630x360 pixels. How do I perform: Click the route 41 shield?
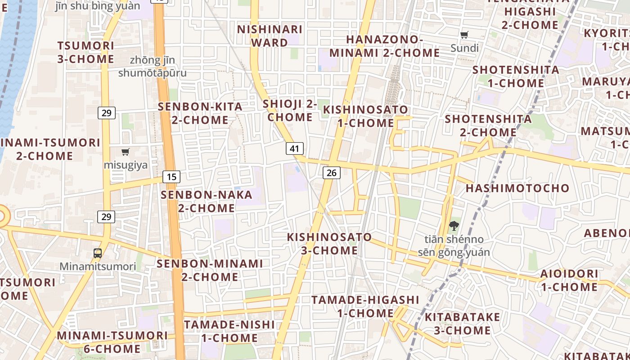coord(294,148)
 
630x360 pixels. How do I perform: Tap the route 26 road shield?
coord(331,172)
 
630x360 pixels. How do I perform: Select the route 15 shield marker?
coord(171,177)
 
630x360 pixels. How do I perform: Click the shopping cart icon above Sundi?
coord(464,35)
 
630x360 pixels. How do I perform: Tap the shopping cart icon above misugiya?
coord(126,152)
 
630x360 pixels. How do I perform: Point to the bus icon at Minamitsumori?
coord(98,253)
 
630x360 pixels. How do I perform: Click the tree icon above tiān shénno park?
coord(454,226)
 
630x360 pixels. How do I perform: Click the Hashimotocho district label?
coord(517,188)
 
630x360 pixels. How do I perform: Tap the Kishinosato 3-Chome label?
coord(330,243)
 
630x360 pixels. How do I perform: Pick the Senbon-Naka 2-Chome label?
coord(207,202)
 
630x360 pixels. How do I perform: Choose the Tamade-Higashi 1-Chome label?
coord(365,306)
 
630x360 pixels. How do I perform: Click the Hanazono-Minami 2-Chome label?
coord(384,46)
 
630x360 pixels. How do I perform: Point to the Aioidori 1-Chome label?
coord(569,280)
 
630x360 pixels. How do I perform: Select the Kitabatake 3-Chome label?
coord(462,324)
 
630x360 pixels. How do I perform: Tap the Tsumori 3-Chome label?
coord(85,52)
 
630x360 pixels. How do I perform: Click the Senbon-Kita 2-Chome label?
coord(200,113)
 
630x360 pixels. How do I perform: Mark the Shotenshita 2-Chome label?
coord(488,126)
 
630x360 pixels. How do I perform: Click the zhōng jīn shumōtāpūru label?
coord(152,66)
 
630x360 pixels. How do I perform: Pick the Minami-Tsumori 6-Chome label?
coord(112,342)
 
